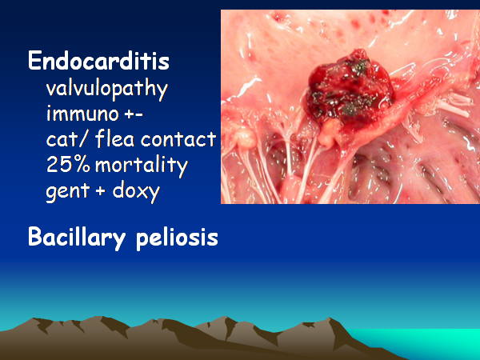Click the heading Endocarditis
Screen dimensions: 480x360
coord(98,61)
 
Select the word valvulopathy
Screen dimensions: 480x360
coord(107,90)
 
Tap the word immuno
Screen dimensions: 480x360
coord(82,113)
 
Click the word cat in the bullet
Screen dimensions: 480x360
coord(59,139)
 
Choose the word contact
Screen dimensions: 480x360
coord(178,139)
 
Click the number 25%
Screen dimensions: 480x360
coord(68,164)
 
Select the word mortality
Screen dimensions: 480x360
coord(142,166)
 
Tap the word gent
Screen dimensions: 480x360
coord(68,191)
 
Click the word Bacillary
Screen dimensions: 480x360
coord(77,238)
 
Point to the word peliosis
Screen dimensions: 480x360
coord(177,238)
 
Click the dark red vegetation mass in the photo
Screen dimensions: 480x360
coord(349,89)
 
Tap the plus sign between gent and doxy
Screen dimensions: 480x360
coord(100,190)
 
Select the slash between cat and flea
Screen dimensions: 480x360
coord(84,139)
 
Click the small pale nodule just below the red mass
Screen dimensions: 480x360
coord(329,132)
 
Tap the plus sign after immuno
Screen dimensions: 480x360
coord(129,114)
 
